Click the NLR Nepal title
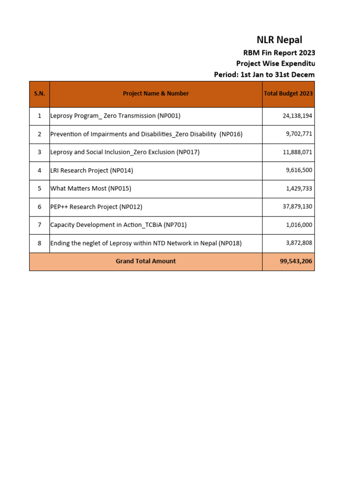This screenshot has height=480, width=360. tap(279, 40)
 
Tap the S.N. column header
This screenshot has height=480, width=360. tap(39, 94)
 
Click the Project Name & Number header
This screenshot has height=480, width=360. tap(156, 94)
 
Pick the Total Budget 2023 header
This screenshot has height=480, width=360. tap(288, 94)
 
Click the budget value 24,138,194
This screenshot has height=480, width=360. tap(297, 116)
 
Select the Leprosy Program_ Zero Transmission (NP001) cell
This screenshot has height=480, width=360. tap(115, 116)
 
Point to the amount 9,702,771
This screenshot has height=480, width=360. tap(299, 134)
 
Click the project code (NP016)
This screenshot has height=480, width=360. tap(231, 134)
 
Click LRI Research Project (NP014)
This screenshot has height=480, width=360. tap(92, 171)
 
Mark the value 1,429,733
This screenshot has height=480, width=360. tap(299, 189)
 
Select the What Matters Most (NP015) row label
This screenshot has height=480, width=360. tap(91, 189)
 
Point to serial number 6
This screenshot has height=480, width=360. tap(39, 207)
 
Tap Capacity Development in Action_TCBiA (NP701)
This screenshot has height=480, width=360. tap(119, 225)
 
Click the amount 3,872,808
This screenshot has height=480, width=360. tap(299, 243)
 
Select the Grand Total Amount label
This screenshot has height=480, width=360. tap(146, 262)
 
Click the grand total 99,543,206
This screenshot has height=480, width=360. tap(296, 262)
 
